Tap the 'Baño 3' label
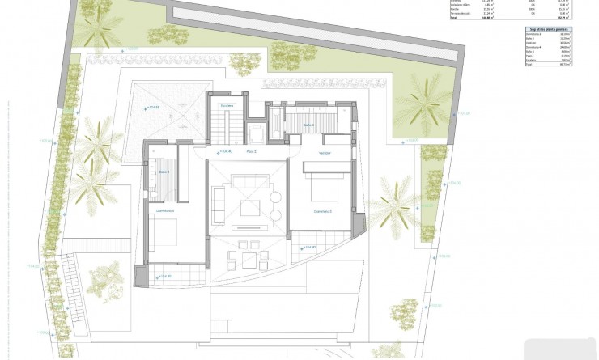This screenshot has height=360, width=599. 308,126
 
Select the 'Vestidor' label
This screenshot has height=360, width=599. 324,152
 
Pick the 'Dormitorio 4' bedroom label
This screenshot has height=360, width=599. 166,210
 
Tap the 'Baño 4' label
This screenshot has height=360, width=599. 163,172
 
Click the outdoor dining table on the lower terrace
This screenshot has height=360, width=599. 247,258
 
